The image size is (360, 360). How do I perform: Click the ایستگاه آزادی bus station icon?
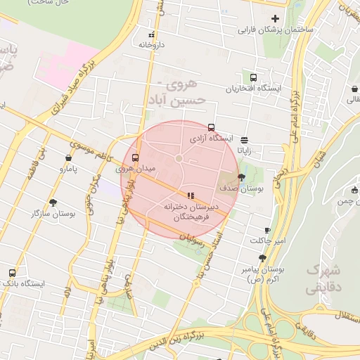coord(212,128)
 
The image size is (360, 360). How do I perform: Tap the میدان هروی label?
coord(134,169)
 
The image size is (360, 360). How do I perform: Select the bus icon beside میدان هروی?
coord(135,157)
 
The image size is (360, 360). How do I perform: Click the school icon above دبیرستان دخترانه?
coord(190,195)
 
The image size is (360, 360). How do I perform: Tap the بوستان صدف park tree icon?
coord(243,177)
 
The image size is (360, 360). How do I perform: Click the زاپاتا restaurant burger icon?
coord(244,139)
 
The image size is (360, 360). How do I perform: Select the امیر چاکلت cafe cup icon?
coord(267,231)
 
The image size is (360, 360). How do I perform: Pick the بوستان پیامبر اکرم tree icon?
coord(262,259)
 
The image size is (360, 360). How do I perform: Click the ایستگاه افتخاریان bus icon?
coord(253,78)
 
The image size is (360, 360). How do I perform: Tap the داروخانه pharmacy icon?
coord(150,34)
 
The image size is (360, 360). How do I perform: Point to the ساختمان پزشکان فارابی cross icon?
coord(275,18)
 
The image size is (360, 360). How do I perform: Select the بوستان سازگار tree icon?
coord(53,202)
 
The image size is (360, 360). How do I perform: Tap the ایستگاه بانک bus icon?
coord(12,273)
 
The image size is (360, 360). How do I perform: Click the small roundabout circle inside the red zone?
coord(179,159)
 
